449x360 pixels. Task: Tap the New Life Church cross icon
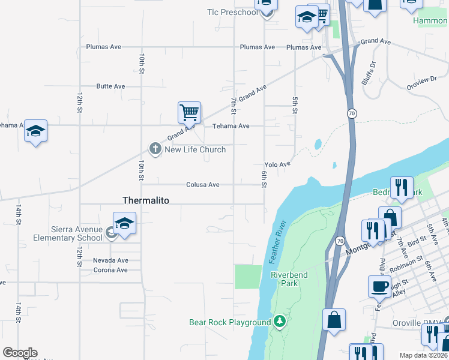(155, 149)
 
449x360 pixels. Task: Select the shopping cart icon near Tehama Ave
(189, 112)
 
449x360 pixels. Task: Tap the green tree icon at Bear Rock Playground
(279, 322)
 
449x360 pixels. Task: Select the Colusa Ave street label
(202, 185)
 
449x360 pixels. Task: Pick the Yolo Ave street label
(277, 164)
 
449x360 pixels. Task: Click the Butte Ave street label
(110, 86)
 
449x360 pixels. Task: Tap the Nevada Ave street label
(110, 260)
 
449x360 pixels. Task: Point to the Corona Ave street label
(110, 270)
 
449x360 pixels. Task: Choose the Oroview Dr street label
(422, 80)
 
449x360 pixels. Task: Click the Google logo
(20, 353)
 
